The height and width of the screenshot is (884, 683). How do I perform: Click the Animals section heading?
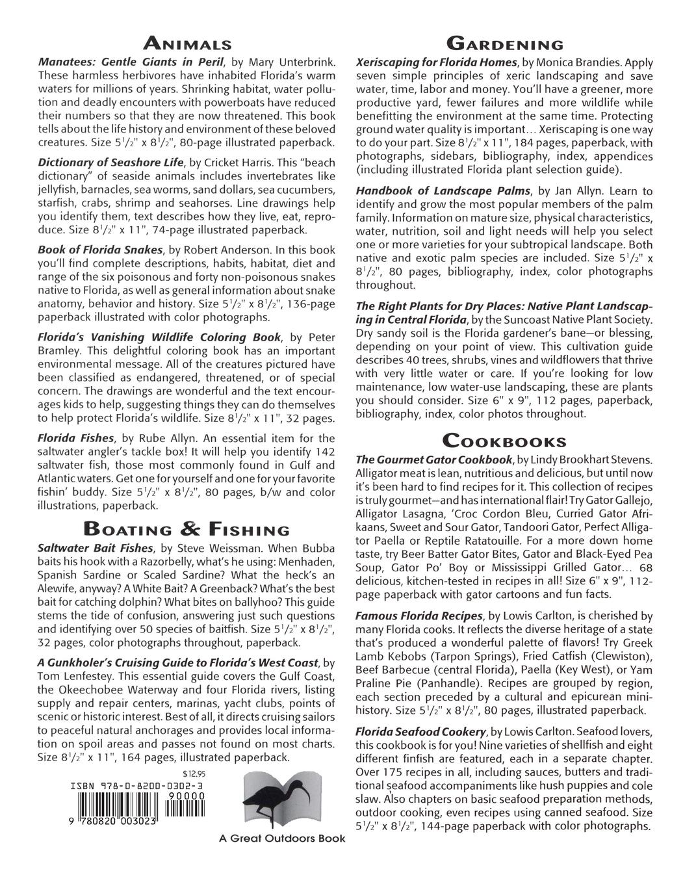click(187, 44)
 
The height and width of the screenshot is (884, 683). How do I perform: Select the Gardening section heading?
click(504, 44)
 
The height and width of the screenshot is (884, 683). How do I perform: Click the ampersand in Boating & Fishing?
click(187, 528)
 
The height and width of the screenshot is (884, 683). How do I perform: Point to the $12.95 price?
click(194, 773)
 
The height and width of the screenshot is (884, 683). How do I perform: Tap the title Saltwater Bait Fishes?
click(96, 548)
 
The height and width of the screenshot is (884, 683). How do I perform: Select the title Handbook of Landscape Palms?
click(443, 191)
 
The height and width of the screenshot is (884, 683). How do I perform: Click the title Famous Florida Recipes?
click(419, 615)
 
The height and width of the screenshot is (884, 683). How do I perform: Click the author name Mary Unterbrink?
click(292, 62)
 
